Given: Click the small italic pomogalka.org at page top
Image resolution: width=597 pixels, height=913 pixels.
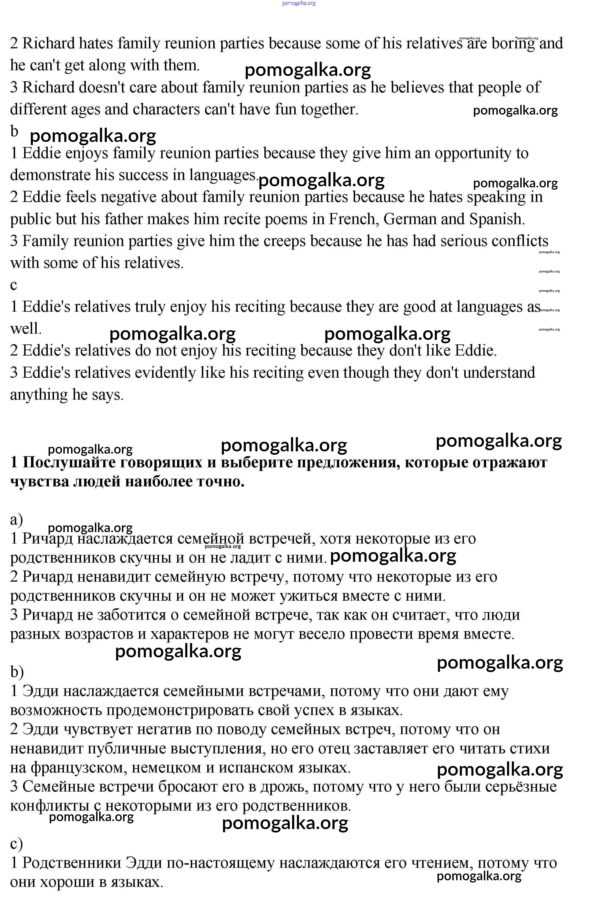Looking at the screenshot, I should click(299, 3).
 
